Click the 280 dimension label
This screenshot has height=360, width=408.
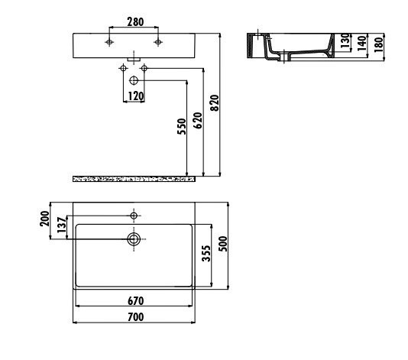click(x=134, y=23)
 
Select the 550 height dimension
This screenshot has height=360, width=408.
click(x=180, y=127)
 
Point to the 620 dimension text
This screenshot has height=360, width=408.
click(x=197, y=121)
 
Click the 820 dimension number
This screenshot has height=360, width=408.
click(x=215, y=103)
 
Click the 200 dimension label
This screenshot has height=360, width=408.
click(x=45, y=222)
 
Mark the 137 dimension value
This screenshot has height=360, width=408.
click(x=60, y=227)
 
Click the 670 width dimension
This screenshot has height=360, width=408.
click(x=134, y=300)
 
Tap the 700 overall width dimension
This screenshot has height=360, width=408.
click(x=134, y=316)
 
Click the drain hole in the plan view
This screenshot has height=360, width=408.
click(x=134, y=239)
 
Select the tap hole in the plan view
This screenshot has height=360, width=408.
click(x=134, y=216)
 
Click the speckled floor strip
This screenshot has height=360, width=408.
click(x=134, y=178)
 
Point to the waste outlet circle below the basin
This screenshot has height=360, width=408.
click(x=134, y=79)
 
